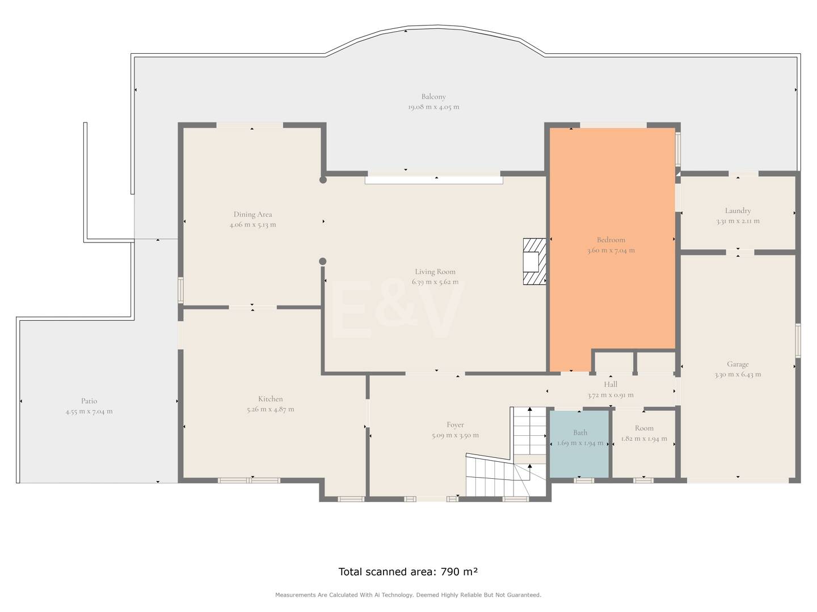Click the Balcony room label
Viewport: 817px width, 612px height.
[433, 96]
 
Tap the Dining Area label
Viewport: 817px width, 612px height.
[252, 214]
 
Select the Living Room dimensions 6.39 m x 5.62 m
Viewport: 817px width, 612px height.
[435, 282]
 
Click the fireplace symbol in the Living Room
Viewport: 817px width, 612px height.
[534, 262]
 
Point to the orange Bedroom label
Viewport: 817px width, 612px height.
[611, 240]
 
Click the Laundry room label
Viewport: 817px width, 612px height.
[738, 211]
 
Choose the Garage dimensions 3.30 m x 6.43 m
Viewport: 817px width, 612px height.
[738, 375]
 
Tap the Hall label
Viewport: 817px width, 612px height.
[610, 385]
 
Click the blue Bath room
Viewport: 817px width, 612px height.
[579, 444]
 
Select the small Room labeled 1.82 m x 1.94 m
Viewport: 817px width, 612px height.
[644, 444]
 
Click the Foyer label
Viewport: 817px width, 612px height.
[455, 425]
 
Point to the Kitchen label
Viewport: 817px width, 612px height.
[270, 399]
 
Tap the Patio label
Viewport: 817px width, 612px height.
[89, 401]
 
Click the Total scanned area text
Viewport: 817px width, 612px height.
[408, 572]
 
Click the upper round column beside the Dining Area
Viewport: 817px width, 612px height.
[323, 180]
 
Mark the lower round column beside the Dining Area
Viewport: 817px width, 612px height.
[323, 262]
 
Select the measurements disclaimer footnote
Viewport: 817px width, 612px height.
[408, 595]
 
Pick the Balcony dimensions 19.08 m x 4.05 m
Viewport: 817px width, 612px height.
[433, 107]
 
